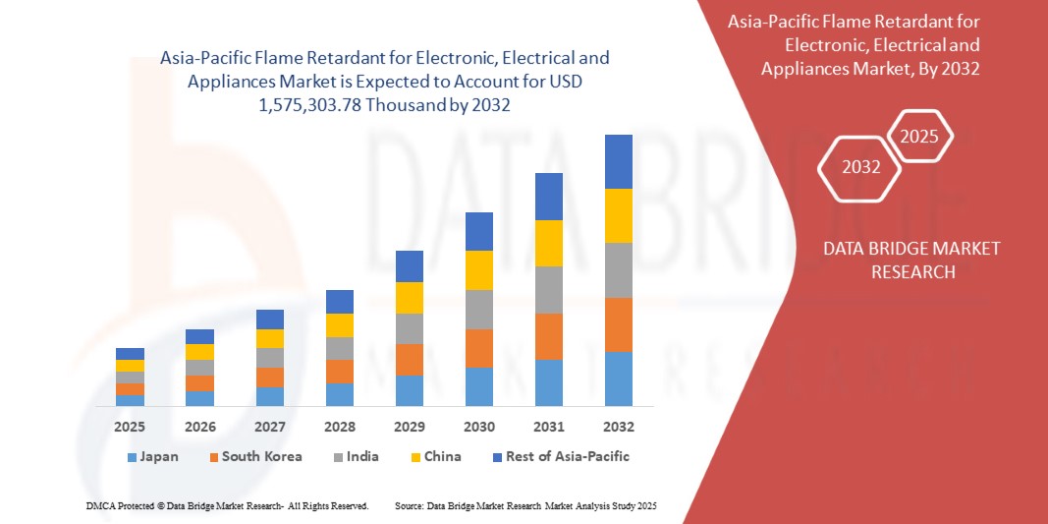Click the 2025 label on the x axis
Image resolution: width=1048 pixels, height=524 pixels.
pos(130,427)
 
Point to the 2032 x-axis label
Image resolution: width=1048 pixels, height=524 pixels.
pos(618,427)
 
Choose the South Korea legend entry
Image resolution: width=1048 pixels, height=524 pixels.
pos(254,456)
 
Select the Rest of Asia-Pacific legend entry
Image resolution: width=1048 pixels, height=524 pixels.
pos(560,456)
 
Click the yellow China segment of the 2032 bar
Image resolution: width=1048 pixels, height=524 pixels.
pos(618,215)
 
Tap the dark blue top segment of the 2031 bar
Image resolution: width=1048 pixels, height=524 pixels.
pos(548,197)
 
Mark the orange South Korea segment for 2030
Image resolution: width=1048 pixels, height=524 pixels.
pos(478,348)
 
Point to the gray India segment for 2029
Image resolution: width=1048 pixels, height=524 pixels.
pos(409,328)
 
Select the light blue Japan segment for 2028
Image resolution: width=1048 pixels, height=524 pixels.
pos(339,394)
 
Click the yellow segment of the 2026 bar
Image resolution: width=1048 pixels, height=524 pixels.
pos(199,352)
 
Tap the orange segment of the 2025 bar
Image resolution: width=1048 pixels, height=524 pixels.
pos(130,389)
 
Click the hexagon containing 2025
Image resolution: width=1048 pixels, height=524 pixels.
pos(919,137)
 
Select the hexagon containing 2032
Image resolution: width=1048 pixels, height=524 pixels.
pos(860,167)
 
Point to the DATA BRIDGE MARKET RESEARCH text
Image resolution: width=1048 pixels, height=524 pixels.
pos(912,260)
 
